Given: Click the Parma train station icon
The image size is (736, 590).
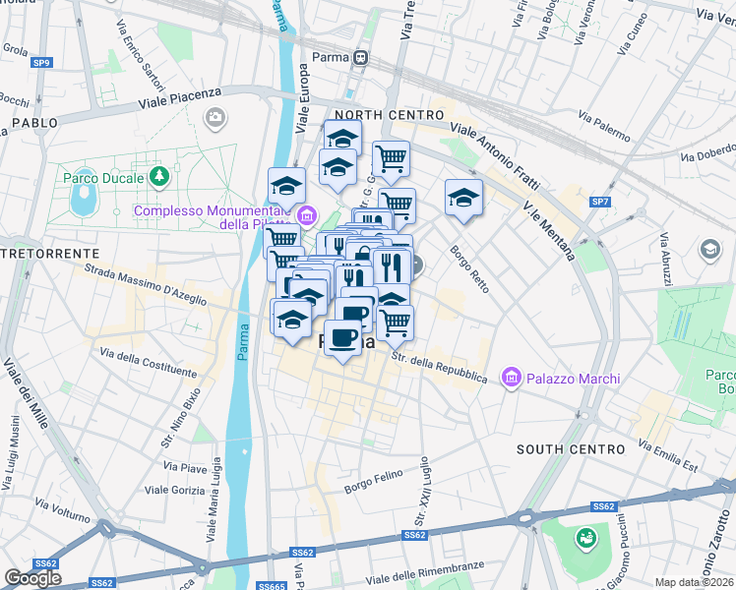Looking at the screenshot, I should coord(362,57).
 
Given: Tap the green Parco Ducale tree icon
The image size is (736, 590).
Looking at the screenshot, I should coord(158,177).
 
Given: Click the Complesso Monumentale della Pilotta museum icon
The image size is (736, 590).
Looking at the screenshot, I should coord(308,214).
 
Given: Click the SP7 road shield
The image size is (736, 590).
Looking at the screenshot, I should coord(600,202).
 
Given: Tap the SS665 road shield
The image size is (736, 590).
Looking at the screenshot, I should coord(271,585).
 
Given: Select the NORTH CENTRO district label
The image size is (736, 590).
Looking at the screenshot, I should coord(391,115).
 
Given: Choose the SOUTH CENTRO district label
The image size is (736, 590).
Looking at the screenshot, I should coord(571,448).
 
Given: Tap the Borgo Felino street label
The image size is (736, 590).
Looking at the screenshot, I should coord(375,482).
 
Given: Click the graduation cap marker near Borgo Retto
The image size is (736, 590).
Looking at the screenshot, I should coord(463,199).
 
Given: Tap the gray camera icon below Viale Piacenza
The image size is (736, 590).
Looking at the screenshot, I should coord(215,119).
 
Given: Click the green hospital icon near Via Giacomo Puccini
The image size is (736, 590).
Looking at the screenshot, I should coord(586,538).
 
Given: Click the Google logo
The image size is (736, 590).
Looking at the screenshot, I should coord(33,578).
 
